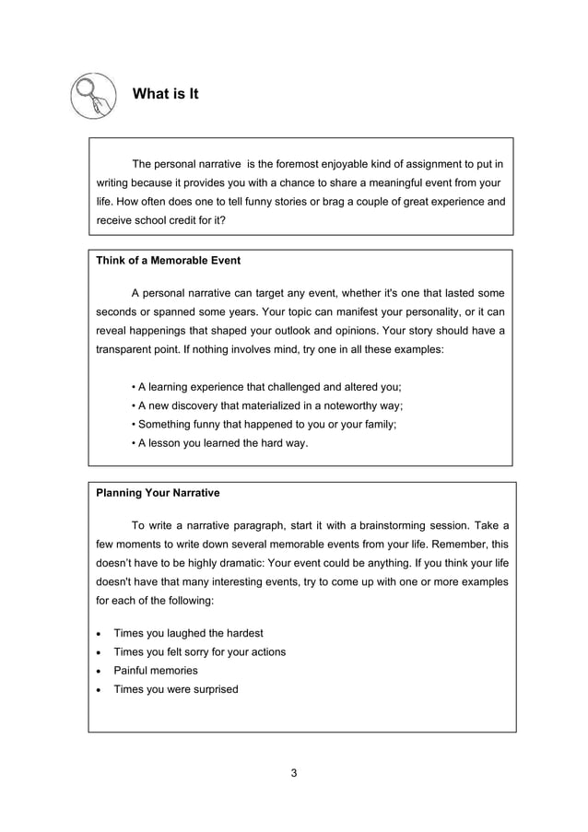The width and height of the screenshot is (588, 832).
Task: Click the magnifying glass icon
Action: [94, 95]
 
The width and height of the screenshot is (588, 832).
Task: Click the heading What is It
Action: [166, 94]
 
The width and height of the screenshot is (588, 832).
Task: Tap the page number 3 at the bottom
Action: [293, 772]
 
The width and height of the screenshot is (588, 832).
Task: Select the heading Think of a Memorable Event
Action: [169, 261]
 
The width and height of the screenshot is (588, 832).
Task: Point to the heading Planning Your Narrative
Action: [158, 493]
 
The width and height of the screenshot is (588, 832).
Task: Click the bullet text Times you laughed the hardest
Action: [187, 633]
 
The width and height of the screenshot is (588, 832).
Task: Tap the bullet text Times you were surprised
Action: [175, 689]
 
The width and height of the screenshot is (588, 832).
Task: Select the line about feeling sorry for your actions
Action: [199, 652]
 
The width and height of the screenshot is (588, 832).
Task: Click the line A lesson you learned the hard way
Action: [220, 443]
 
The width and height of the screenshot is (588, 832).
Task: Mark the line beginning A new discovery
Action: [268, 405]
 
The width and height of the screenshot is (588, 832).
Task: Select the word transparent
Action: [129, 350]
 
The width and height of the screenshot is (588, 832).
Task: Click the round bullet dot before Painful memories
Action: [99, 672]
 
